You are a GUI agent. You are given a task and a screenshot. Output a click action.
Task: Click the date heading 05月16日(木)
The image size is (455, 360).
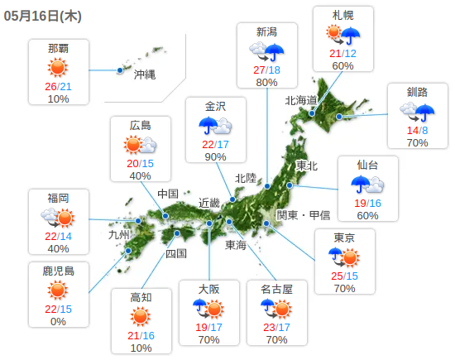click(48, 14)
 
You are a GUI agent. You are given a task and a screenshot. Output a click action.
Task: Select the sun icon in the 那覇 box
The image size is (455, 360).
click(58, 68)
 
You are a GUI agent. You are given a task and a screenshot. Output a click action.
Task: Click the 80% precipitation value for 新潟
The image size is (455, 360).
click(266, 82)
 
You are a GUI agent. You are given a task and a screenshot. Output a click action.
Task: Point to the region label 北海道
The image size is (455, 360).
click(301, 100)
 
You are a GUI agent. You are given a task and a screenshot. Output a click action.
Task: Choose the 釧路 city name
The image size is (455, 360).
click(417, 91)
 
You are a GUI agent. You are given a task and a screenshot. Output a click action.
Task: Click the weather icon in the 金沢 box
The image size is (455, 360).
click(215, 126)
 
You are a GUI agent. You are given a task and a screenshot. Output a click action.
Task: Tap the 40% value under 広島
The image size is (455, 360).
click(140, 175)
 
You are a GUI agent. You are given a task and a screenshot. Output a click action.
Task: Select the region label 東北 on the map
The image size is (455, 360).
click(307, 166)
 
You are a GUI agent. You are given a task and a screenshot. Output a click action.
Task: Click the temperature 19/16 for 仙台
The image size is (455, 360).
click(367, 204)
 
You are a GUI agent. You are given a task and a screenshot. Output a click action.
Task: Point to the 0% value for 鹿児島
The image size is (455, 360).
click(58, 321)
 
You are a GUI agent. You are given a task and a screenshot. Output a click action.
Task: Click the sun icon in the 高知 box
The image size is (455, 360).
click(141, 316)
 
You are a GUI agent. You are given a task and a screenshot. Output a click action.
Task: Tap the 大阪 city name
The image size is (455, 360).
click(208, 289)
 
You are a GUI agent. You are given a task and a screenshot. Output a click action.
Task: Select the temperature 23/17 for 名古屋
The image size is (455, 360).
click(276, 326)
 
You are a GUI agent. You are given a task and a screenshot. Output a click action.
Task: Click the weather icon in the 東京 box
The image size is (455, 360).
click(344, 256)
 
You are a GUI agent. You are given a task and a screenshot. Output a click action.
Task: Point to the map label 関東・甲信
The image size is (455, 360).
click(303, 214)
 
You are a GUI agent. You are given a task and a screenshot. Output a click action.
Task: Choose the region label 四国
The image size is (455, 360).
click(175, 253)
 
